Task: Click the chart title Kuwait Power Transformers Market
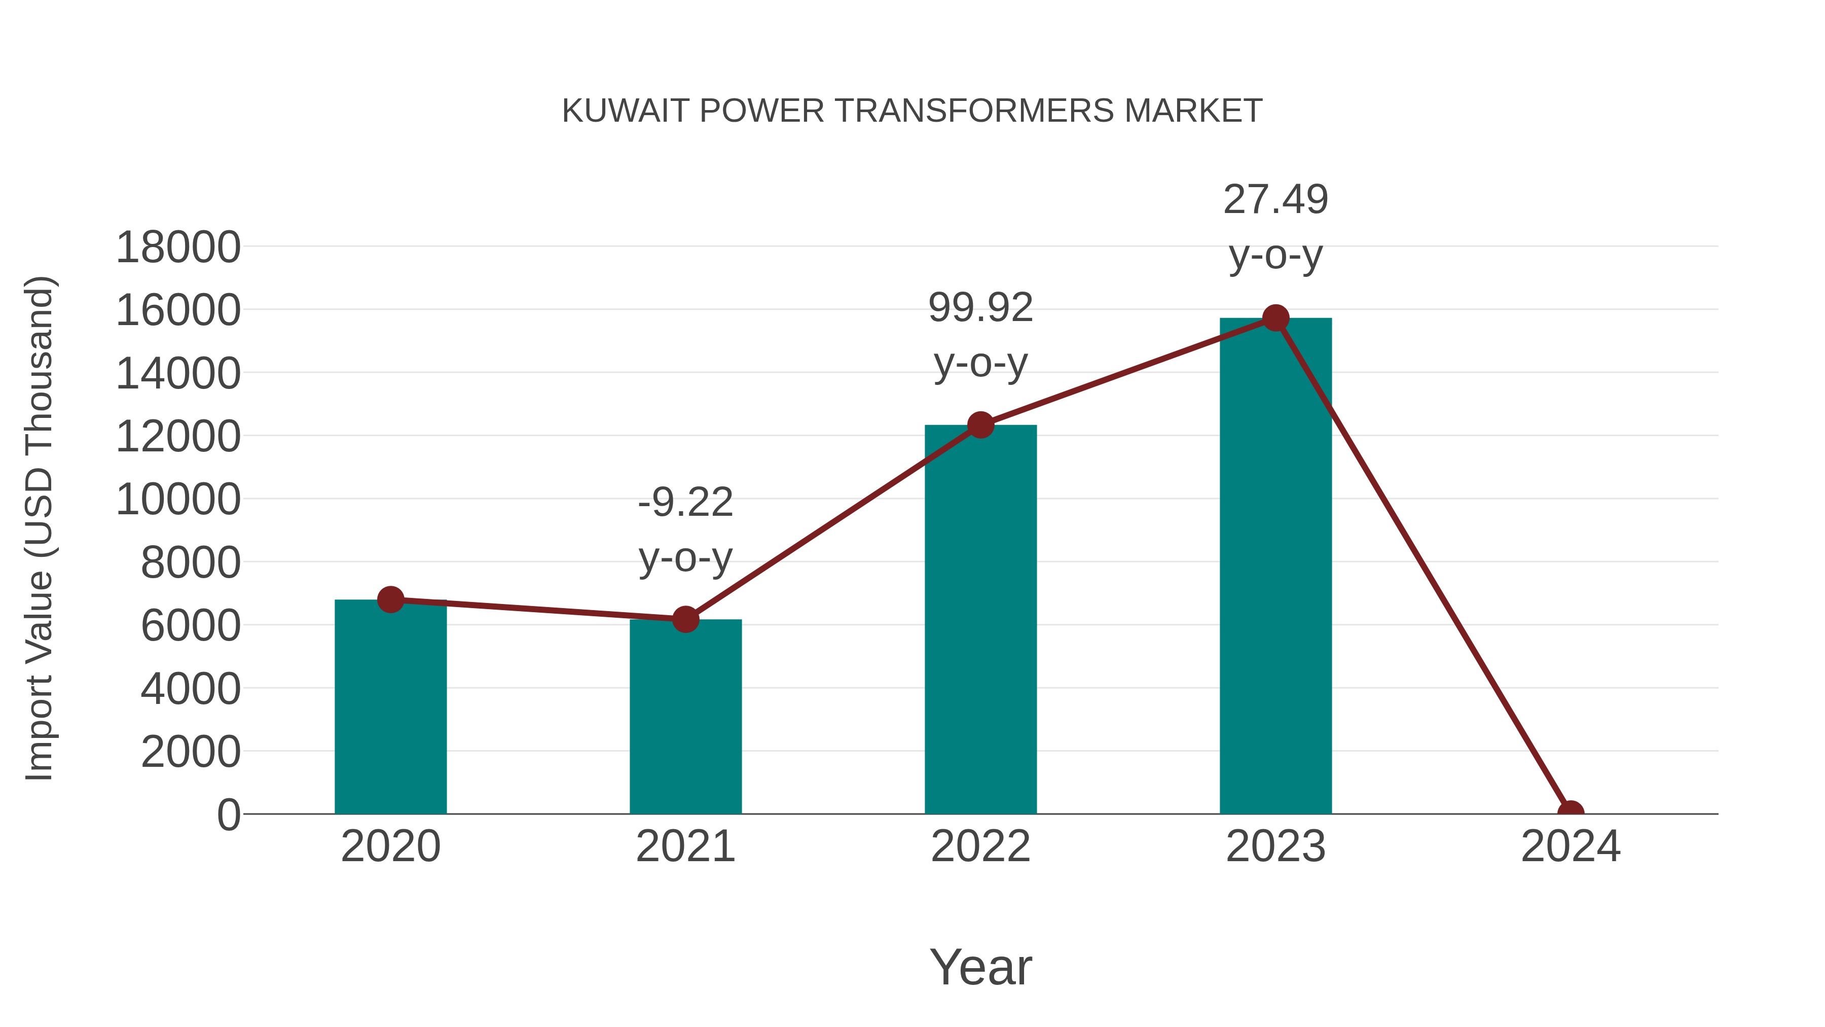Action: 912,111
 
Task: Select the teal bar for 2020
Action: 390,709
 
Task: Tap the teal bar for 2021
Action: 685,717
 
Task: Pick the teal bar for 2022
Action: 980,620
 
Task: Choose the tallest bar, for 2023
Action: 1275,567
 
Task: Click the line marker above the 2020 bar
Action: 390,599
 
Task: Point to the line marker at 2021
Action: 685,619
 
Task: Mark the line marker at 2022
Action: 980,426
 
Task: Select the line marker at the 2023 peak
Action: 1275,318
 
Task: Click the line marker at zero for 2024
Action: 1570,812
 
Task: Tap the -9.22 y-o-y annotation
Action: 685,529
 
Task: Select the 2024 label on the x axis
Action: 1570,846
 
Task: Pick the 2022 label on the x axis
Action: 980,846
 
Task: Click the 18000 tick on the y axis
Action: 178,247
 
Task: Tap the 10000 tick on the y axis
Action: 178,500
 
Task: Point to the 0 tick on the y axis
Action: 229,814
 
